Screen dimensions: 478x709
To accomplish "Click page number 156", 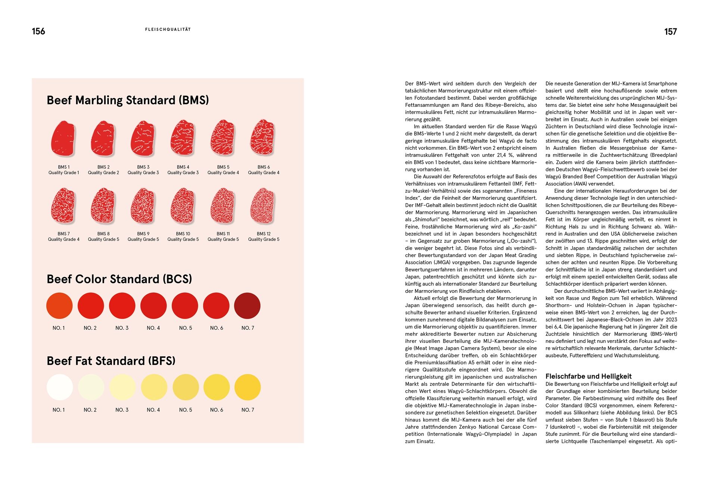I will tap(38, 31).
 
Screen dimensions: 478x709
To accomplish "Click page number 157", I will tap(670, 32).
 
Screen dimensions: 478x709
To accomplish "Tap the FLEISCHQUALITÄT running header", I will tap(168, 30).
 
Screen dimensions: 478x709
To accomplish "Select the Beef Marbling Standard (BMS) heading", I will tap(128, 100).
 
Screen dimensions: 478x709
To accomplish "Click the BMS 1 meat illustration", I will tap(63, 138).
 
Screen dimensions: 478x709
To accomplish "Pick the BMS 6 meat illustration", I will tap(263, 138).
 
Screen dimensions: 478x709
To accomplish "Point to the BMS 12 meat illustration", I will tap(263, 206).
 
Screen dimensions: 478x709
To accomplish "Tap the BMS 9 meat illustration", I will tap(143, 206).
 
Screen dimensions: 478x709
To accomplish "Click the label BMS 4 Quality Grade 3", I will tap(183, 170).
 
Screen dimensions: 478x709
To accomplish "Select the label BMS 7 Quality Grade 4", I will tap(63, 237).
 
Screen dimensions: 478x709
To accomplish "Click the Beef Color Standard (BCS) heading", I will tap(119, 279).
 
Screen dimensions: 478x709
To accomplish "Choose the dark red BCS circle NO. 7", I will tap(247, 306).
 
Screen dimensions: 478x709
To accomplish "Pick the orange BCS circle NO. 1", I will tap(59, 306).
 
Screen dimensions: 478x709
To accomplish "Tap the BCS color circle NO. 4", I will tap(153, 306).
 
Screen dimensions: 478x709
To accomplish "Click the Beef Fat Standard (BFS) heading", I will tap(111, 361).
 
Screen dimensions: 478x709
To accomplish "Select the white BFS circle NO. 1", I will tap(60, 387).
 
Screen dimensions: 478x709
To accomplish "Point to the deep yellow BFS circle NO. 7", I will tap(247, 387).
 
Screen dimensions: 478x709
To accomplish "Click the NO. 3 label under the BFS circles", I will tap(122, 410).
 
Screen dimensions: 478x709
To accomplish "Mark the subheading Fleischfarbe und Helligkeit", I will tap(588, 376).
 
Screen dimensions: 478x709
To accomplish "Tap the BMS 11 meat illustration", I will tap(223, 206).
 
